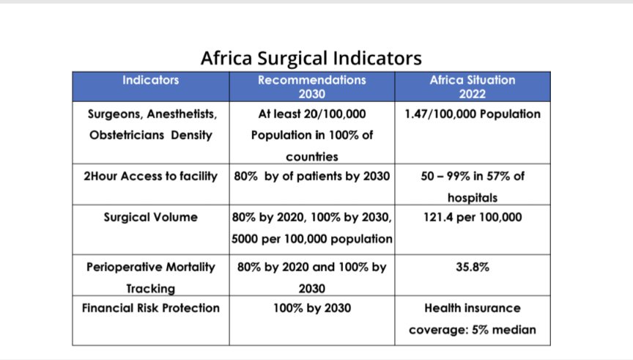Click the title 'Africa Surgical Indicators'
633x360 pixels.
click(311, 57)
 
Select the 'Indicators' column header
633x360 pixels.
click(150, 80)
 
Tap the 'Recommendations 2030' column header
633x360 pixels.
click(311, 87)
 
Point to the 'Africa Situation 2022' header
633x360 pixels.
click(472, 87)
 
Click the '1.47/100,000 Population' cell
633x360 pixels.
click(472, 114)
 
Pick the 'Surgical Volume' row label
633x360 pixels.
click(150, 217)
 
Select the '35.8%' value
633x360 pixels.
click(472, 267)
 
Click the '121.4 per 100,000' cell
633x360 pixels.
click(472, 217)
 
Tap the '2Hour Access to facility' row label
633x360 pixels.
click(150, 176)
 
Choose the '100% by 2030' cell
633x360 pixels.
click(311, 308)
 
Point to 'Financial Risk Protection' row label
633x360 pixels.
click(150, 308)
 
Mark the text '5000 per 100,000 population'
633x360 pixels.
click(311, 239)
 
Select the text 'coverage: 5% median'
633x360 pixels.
click(472, 330)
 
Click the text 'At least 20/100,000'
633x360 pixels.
click(311, 114)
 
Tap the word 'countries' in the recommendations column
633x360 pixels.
click(311, 157)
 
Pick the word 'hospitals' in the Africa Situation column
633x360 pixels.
click(472, 198)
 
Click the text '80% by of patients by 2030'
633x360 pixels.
click(311, 176)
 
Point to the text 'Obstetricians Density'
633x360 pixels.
click(150, 136)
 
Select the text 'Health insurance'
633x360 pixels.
click(472, 308)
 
